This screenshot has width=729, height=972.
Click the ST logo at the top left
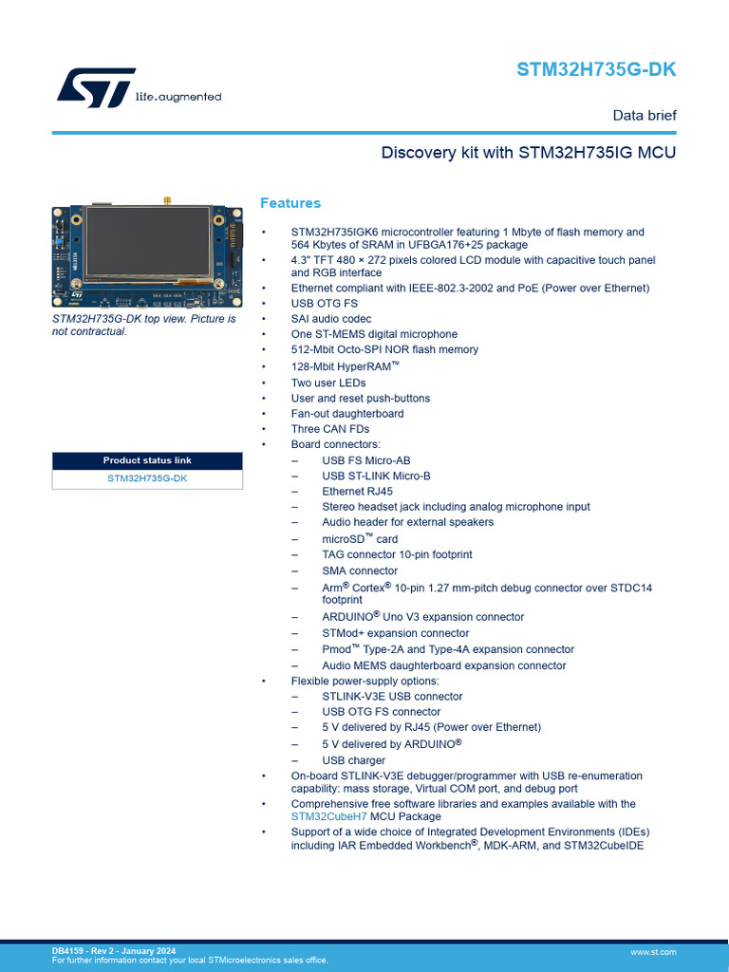96,87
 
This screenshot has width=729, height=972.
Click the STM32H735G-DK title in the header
596,70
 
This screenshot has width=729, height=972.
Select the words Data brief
645,116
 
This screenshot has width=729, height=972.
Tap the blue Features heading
290,203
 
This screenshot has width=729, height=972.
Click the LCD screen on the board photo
147,243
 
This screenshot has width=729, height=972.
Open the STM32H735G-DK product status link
147,478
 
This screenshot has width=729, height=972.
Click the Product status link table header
147,460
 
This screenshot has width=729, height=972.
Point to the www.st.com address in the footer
653,952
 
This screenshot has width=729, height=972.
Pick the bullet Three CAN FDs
330,429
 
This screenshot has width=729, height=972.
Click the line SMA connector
360,570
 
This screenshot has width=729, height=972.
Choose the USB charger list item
354,760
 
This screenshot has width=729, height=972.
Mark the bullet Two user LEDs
328,383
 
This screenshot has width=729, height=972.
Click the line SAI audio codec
331,319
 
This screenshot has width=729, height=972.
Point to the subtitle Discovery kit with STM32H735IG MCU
529,153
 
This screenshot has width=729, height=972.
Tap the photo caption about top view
143,325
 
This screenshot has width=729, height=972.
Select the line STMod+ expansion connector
395,633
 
